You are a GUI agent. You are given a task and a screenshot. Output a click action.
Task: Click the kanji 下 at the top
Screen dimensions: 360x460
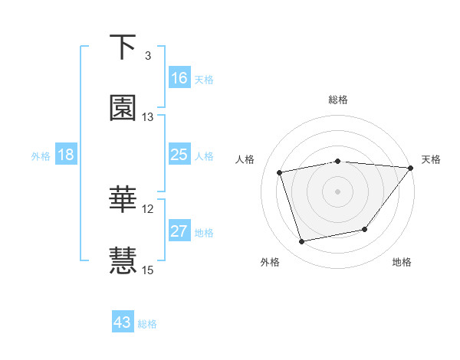pos(122,47)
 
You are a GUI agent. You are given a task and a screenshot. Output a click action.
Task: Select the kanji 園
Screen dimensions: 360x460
pos(123,109)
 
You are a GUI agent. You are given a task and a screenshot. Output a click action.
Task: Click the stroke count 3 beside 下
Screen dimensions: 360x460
pos(148,55)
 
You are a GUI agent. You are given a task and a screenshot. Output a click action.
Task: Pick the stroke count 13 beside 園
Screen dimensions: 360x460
pos(148,117)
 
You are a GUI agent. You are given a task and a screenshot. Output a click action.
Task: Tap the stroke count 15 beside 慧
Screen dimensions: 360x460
pos(148,270)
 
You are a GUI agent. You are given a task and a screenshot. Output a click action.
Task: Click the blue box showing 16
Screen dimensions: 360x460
pos(179,78)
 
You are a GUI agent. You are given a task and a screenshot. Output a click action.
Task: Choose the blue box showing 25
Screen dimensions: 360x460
pos(179,155)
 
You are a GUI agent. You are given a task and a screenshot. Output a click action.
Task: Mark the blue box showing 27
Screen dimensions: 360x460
pos(179,231)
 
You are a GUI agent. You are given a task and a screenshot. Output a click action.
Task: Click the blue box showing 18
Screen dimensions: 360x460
pos(66,155)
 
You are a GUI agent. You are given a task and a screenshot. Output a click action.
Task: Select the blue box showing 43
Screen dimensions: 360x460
pos(123,322)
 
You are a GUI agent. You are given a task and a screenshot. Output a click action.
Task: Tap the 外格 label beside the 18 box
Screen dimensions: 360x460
pos(41,156)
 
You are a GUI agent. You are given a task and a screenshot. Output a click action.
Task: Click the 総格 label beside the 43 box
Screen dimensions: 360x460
pos(147,324)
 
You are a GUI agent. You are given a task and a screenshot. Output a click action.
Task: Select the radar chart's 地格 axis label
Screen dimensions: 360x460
pos(402,263)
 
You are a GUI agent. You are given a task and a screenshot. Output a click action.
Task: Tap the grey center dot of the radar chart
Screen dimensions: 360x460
pos(337,191)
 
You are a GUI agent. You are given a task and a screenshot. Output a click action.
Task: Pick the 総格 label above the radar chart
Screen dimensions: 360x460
pos(338,100)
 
